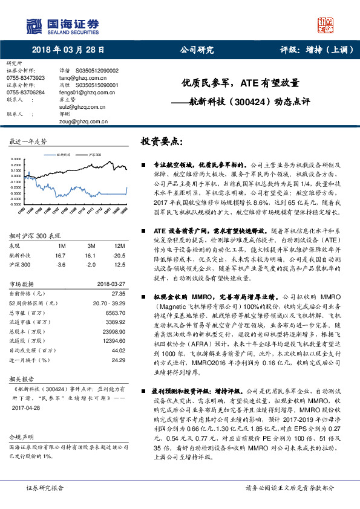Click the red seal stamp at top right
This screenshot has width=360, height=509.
pos(327,25)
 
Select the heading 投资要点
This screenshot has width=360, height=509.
pos(162,141)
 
